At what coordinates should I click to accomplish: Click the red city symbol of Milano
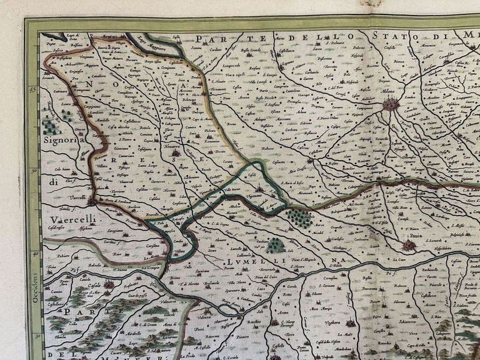click(391, 104)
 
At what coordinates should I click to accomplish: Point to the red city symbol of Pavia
click(408, 246)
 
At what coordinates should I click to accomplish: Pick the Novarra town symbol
click(176, 152)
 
